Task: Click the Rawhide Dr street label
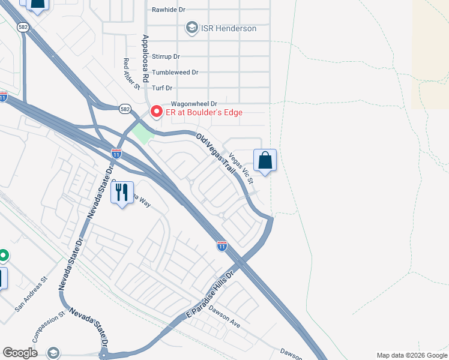pyautogui.click(x=169, y=10)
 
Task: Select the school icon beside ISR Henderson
pyautogui.click(x=191, y=28)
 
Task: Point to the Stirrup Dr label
pyautogui.click(x=166, y=56)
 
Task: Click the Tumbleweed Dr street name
pyautogui.click(x=175, y=72)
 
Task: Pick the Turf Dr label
pyautogui.click(x=162, y=88)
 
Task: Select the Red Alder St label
pyautogui.click(x=131, y=74)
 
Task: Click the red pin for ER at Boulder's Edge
pyautogui.click(x=156, y=112)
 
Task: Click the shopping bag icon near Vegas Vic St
pyautogui.click(x=265, y=160)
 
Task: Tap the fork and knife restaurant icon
pyautogui.click(x=122, y=192)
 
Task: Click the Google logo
pyautogui.click(x=20, y=353)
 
